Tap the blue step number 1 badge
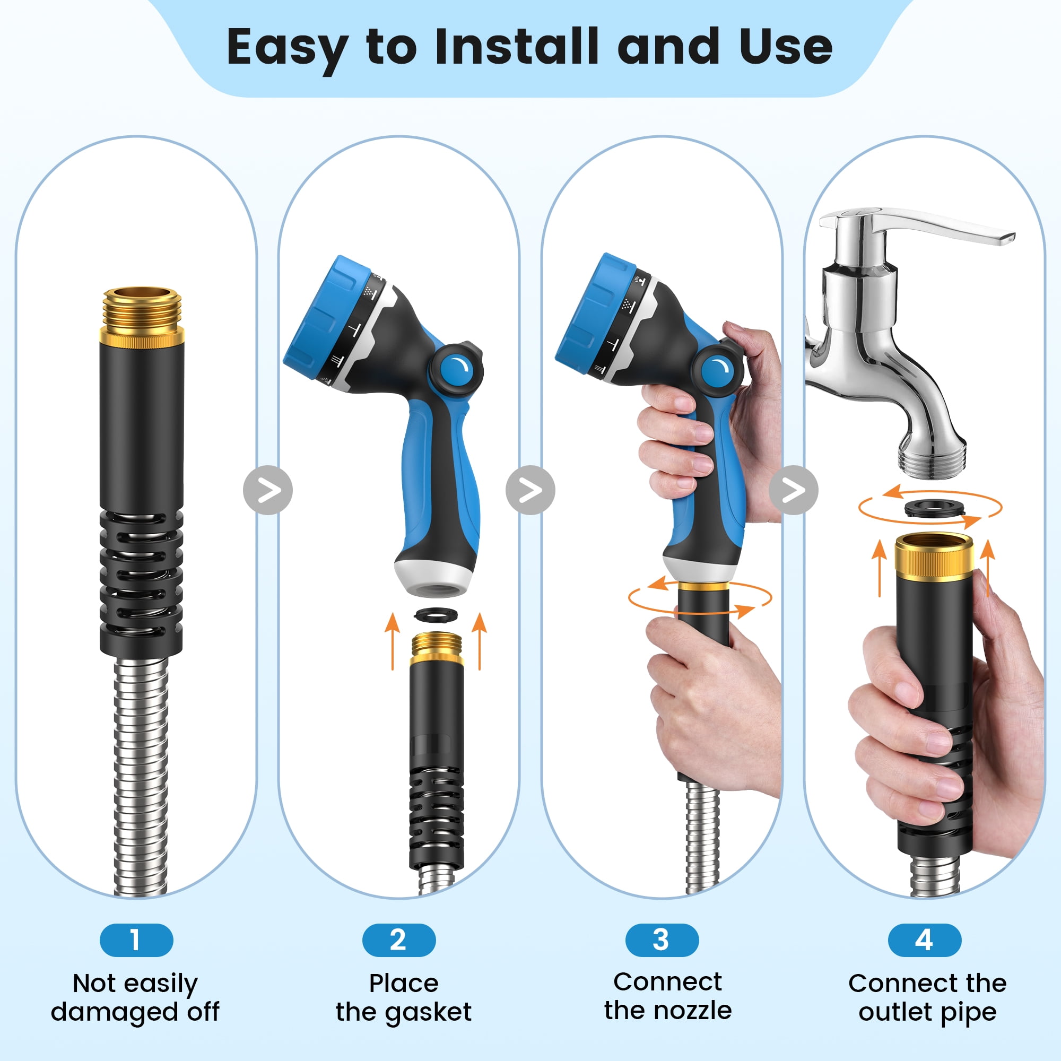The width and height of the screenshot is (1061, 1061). point(136,940)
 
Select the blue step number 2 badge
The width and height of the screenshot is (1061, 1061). point(399,940)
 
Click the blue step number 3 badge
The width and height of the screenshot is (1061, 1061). point(662,940)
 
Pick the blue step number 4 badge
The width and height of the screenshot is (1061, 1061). point(925,940)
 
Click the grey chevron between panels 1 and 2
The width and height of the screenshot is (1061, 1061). point(268,490)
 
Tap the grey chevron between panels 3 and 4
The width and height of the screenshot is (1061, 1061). point(794,490)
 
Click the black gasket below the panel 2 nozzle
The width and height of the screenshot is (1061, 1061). point(438,614)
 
